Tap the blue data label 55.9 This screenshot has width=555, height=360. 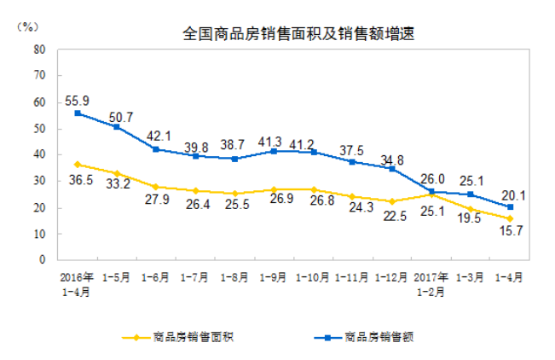click(x=77, y=100)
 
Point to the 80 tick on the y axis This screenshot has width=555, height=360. click(x=39, y=49)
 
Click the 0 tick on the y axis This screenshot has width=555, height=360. click(x=43, y=259)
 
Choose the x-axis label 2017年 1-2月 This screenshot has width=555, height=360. click(x=431, y=282)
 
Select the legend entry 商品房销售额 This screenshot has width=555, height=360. click(x=379, y=336)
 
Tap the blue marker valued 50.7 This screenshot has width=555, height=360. click(x=117, y=127)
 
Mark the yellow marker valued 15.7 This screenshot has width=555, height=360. click(x=510, y=218)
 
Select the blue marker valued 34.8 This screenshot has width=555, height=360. click(x=391, y=168)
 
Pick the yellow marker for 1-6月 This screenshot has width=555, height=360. click(x=156, y=186)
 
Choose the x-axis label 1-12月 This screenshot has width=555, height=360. click(x=391, y=276)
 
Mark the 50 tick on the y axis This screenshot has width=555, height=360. click(x=39, y=128)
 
